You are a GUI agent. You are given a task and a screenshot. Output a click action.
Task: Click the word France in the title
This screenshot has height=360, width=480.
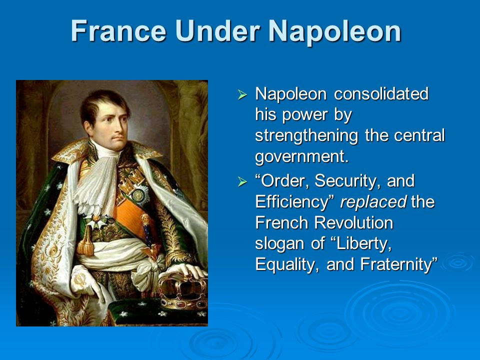coord(119,31)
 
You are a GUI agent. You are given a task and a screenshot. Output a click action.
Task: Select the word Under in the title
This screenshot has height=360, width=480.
coord(217,31)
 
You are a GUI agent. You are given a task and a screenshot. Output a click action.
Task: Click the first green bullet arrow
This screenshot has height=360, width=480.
coord(242,94)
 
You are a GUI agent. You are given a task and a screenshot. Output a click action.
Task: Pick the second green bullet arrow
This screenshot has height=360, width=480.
coord(242,181)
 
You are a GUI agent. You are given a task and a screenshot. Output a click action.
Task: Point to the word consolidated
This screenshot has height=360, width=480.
coord(381,93)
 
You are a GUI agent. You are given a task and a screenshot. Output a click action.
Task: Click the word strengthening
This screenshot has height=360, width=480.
coord(306,136)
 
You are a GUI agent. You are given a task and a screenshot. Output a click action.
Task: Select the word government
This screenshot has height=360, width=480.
coord(302,156)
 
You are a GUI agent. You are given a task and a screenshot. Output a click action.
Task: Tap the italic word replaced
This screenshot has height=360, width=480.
coord(373,201)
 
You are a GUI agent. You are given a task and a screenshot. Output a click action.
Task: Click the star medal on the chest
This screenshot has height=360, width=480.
coord(139,194)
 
